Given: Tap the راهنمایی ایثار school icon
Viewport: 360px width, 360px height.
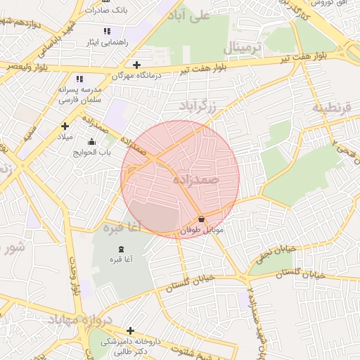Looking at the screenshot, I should pyautogui.click(x=107, y=31).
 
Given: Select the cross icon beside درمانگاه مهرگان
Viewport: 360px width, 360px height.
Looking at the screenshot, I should pyautogui.click(x=136, y=65).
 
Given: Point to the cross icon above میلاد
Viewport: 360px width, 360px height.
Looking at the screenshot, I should pyautogui.click(x=65, y=126).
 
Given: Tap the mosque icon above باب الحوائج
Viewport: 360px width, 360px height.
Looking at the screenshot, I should pyautogui.click(x=91, y=142).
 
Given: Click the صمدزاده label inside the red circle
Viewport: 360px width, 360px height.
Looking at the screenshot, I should pyautogui.click(x=196, y=181).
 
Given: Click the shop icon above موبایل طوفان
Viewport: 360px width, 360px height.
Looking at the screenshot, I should pyautogui.click(x=202, y=219).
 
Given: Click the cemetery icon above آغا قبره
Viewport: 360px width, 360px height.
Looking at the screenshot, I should pyautogui.click(x=120, y=249).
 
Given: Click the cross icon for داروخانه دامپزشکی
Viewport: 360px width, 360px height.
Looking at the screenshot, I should pyautogui.click(x=130, y=330).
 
